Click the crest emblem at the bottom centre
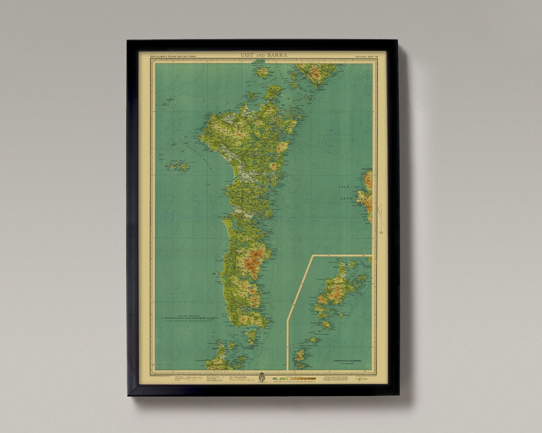click(x=261, y=378)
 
